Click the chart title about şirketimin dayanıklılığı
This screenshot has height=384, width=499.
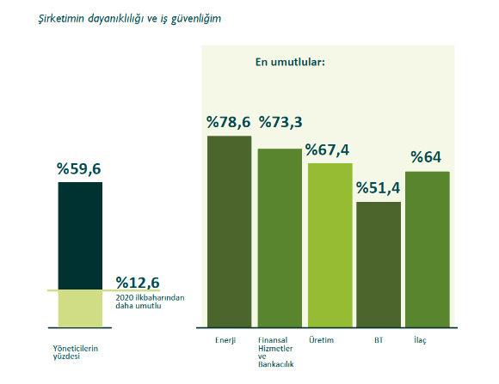pyautogui.click(x=130, y=19)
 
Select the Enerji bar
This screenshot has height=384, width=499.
pyautogui.click(x=229, y=231)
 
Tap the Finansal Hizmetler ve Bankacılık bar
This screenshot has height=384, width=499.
pyautogui.click(x=280, y=238)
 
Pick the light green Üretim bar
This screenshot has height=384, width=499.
pyautogui.click(x=330, y=245)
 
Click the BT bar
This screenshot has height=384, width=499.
pyautogui.click(x=379, y=265)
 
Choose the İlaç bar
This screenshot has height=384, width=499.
pyautogui.click(x=428, y=249)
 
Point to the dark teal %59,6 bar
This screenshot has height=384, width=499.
pyautogui.click(x=80, y=235)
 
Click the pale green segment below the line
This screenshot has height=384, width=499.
pyautogui.click(x=80, y=309)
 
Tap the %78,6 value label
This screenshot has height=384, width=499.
pyautogui.click(x=229, y=122)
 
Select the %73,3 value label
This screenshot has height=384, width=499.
pyautogui.click(x=280, y=122)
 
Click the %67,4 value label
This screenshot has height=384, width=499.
pyautogui.click(x=327, y=150)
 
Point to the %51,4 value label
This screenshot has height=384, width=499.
pyautogui.click(x=378, y=188)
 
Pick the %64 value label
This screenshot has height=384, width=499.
pyautogui.click(x=426, y=157)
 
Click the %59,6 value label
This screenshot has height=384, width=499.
pyautogui.click(x=78, y=168)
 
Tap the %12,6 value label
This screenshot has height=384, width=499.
pyautogui.click(x=138, y=283)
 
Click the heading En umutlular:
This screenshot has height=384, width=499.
pyautogui.click(x=290, y=62)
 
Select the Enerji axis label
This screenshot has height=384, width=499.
pyautogui.click(x=225, y=340)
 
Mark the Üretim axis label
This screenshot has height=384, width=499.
pyautogui.click(x=321, y=340)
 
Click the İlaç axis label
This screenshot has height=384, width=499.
pyautogui.click(x=420, y=340)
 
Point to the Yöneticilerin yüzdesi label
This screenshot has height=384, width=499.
pyautogui.click(x=76, y=352)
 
